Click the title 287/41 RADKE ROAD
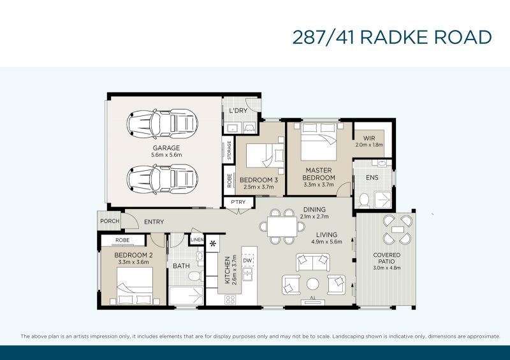point(392,37)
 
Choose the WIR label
point(369,138)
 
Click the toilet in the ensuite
point(364,201)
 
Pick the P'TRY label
point(238,203)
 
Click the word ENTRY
point(154,222)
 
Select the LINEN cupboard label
point(197,240)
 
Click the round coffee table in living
point(312,284)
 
